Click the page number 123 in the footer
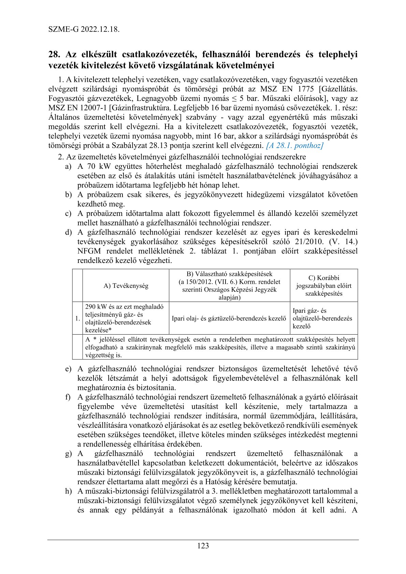pyautogui.click(x=203, y=546)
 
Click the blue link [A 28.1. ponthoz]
pyautogui.click(x=294, y=146)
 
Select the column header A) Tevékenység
pyautogui.click(x=126, y=286)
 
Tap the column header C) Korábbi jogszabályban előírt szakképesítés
pyautogui.click(x=323, y=285)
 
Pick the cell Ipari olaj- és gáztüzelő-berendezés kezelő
pyautogui.click(x=229, y=318)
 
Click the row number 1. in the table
pyautogui.click(x=77, y=318)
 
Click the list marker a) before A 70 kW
pyautogui.click(x=68, y=167)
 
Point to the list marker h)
pyautogui.click(x=68, y=491)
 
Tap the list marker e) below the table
pyautogui.click(x=68, y=369)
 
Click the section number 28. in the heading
pyautogui.click(x=54, y=55)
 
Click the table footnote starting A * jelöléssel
pyautogui.click(x=220, y=347)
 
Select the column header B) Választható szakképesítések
pyautogui.click(x=229, y=285)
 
